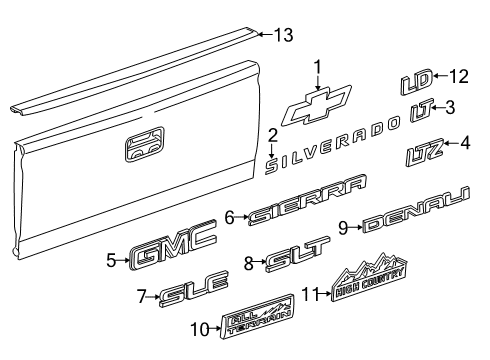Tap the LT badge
[x=420, y=111]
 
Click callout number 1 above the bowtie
[x=317, y=67]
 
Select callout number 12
[x=459, y=76]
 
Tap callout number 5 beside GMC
[x=111, y=261]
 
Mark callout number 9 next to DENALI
[x=341, y=228]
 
